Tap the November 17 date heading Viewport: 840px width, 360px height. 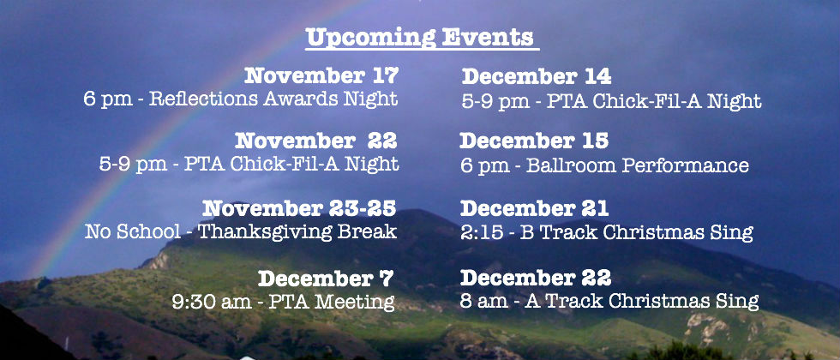[x=321, y=76]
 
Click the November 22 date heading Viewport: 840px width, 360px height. [x=316, y=141]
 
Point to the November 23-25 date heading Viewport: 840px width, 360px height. [x=299, y=207]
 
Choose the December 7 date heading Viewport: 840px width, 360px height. [x=326, y=279]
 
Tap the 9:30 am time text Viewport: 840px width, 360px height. [x=212, y=302]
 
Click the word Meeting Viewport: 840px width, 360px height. [x=355, y=302]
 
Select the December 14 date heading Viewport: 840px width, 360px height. [x=537, y=76]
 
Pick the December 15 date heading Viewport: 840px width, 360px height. [x=534, y=141]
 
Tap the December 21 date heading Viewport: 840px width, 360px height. [x=534, y=207]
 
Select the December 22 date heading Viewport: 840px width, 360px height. [x=536, y=278]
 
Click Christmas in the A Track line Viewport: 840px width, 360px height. [x=659, y=301]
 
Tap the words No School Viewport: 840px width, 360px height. [x=133, y=232]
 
